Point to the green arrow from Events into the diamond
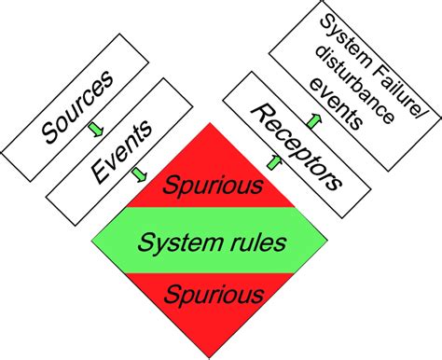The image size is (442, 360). [x=139, y=174]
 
